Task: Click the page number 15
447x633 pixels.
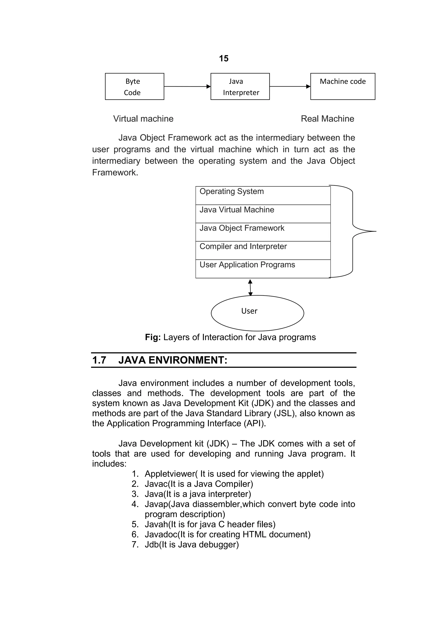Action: tap(224, 59)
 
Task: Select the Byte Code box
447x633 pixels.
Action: tap(134, 86)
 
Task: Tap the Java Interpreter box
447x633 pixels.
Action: tap(240, 86)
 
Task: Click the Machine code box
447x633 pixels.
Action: tap(343, 86)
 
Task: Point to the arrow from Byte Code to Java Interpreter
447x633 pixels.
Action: tap(187, 86)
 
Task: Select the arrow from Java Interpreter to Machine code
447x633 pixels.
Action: tap(290, 86)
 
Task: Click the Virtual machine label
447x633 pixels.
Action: tap(143, 119)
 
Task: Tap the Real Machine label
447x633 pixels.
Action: tap(327, 119)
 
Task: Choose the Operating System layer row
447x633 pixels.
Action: tap(263, 195)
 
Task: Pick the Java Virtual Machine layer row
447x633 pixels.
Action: tap(263, 214)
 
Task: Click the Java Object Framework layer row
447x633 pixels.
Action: tap(263, 232)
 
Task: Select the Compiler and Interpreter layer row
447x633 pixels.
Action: tap(263, 250)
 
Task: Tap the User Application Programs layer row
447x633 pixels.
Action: tap(263, 269)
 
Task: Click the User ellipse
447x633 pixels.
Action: tap(257, 313)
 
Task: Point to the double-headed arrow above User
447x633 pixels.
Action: tap(250, 287)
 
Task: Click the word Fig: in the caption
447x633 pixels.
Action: tap(153, 337)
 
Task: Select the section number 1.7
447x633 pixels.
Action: tap(99, 360)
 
